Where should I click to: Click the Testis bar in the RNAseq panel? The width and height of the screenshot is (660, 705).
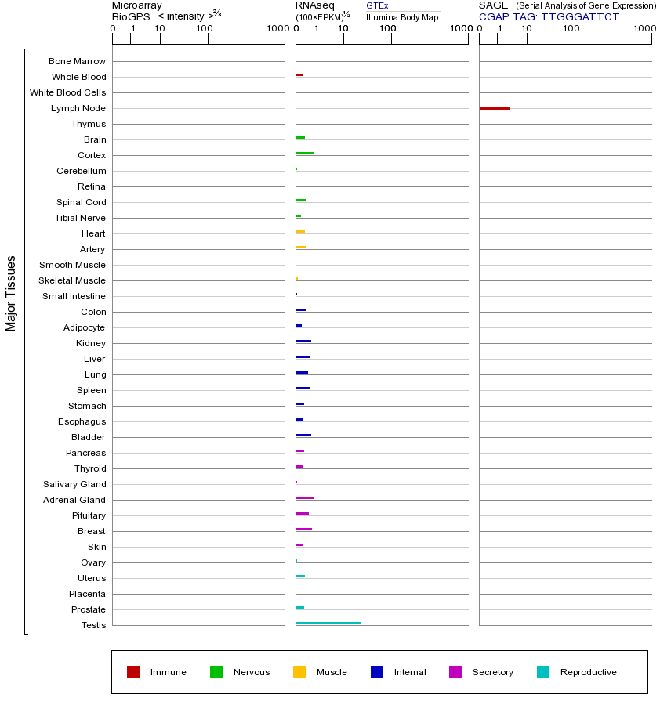[x=328, y=623]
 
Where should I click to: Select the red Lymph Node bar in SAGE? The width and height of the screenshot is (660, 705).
[x=495, y=108]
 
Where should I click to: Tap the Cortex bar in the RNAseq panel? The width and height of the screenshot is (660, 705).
[x=305, y=153]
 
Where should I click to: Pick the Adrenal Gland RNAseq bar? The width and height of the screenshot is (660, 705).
[x=305, y=497]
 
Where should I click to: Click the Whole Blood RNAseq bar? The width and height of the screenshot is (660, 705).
[x=299, y=74]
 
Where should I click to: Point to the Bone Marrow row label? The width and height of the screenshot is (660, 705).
[x=77, y=61]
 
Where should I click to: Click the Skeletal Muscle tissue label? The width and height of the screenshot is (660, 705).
[x=72, y=280]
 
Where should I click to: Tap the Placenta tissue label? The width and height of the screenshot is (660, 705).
[x=87, y=594]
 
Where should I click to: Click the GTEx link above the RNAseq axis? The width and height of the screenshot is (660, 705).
[x=377, y=5]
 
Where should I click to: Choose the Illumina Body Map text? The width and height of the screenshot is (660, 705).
[x=402, y=17]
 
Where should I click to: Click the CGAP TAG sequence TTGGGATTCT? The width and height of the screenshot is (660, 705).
[x=580, y=16]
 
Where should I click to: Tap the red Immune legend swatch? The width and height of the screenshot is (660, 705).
[x=133, y=672]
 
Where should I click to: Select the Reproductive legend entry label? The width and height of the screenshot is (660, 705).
[x=589, y=672]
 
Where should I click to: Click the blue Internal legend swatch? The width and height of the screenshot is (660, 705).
[x=377, y=672]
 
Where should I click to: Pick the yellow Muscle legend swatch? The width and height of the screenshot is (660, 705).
[x=299, y=672]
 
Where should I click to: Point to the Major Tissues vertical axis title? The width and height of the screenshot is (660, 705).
[x=11, y=293]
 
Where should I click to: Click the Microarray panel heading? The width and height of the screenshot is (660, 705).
[x=137, y=5]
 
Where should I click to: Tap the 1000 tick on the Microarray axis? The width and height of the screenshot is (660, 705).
[x=276, y=29]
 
